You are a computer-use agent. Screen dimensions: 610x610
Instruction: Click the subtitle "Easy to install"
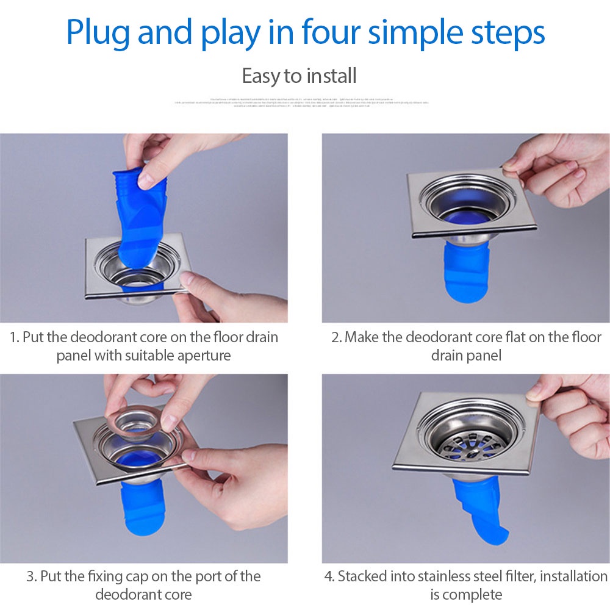click(x=299, y=77)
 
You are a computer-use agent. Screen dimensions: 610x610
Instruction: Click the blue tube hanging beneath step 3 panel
click(x=142, y=509)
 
